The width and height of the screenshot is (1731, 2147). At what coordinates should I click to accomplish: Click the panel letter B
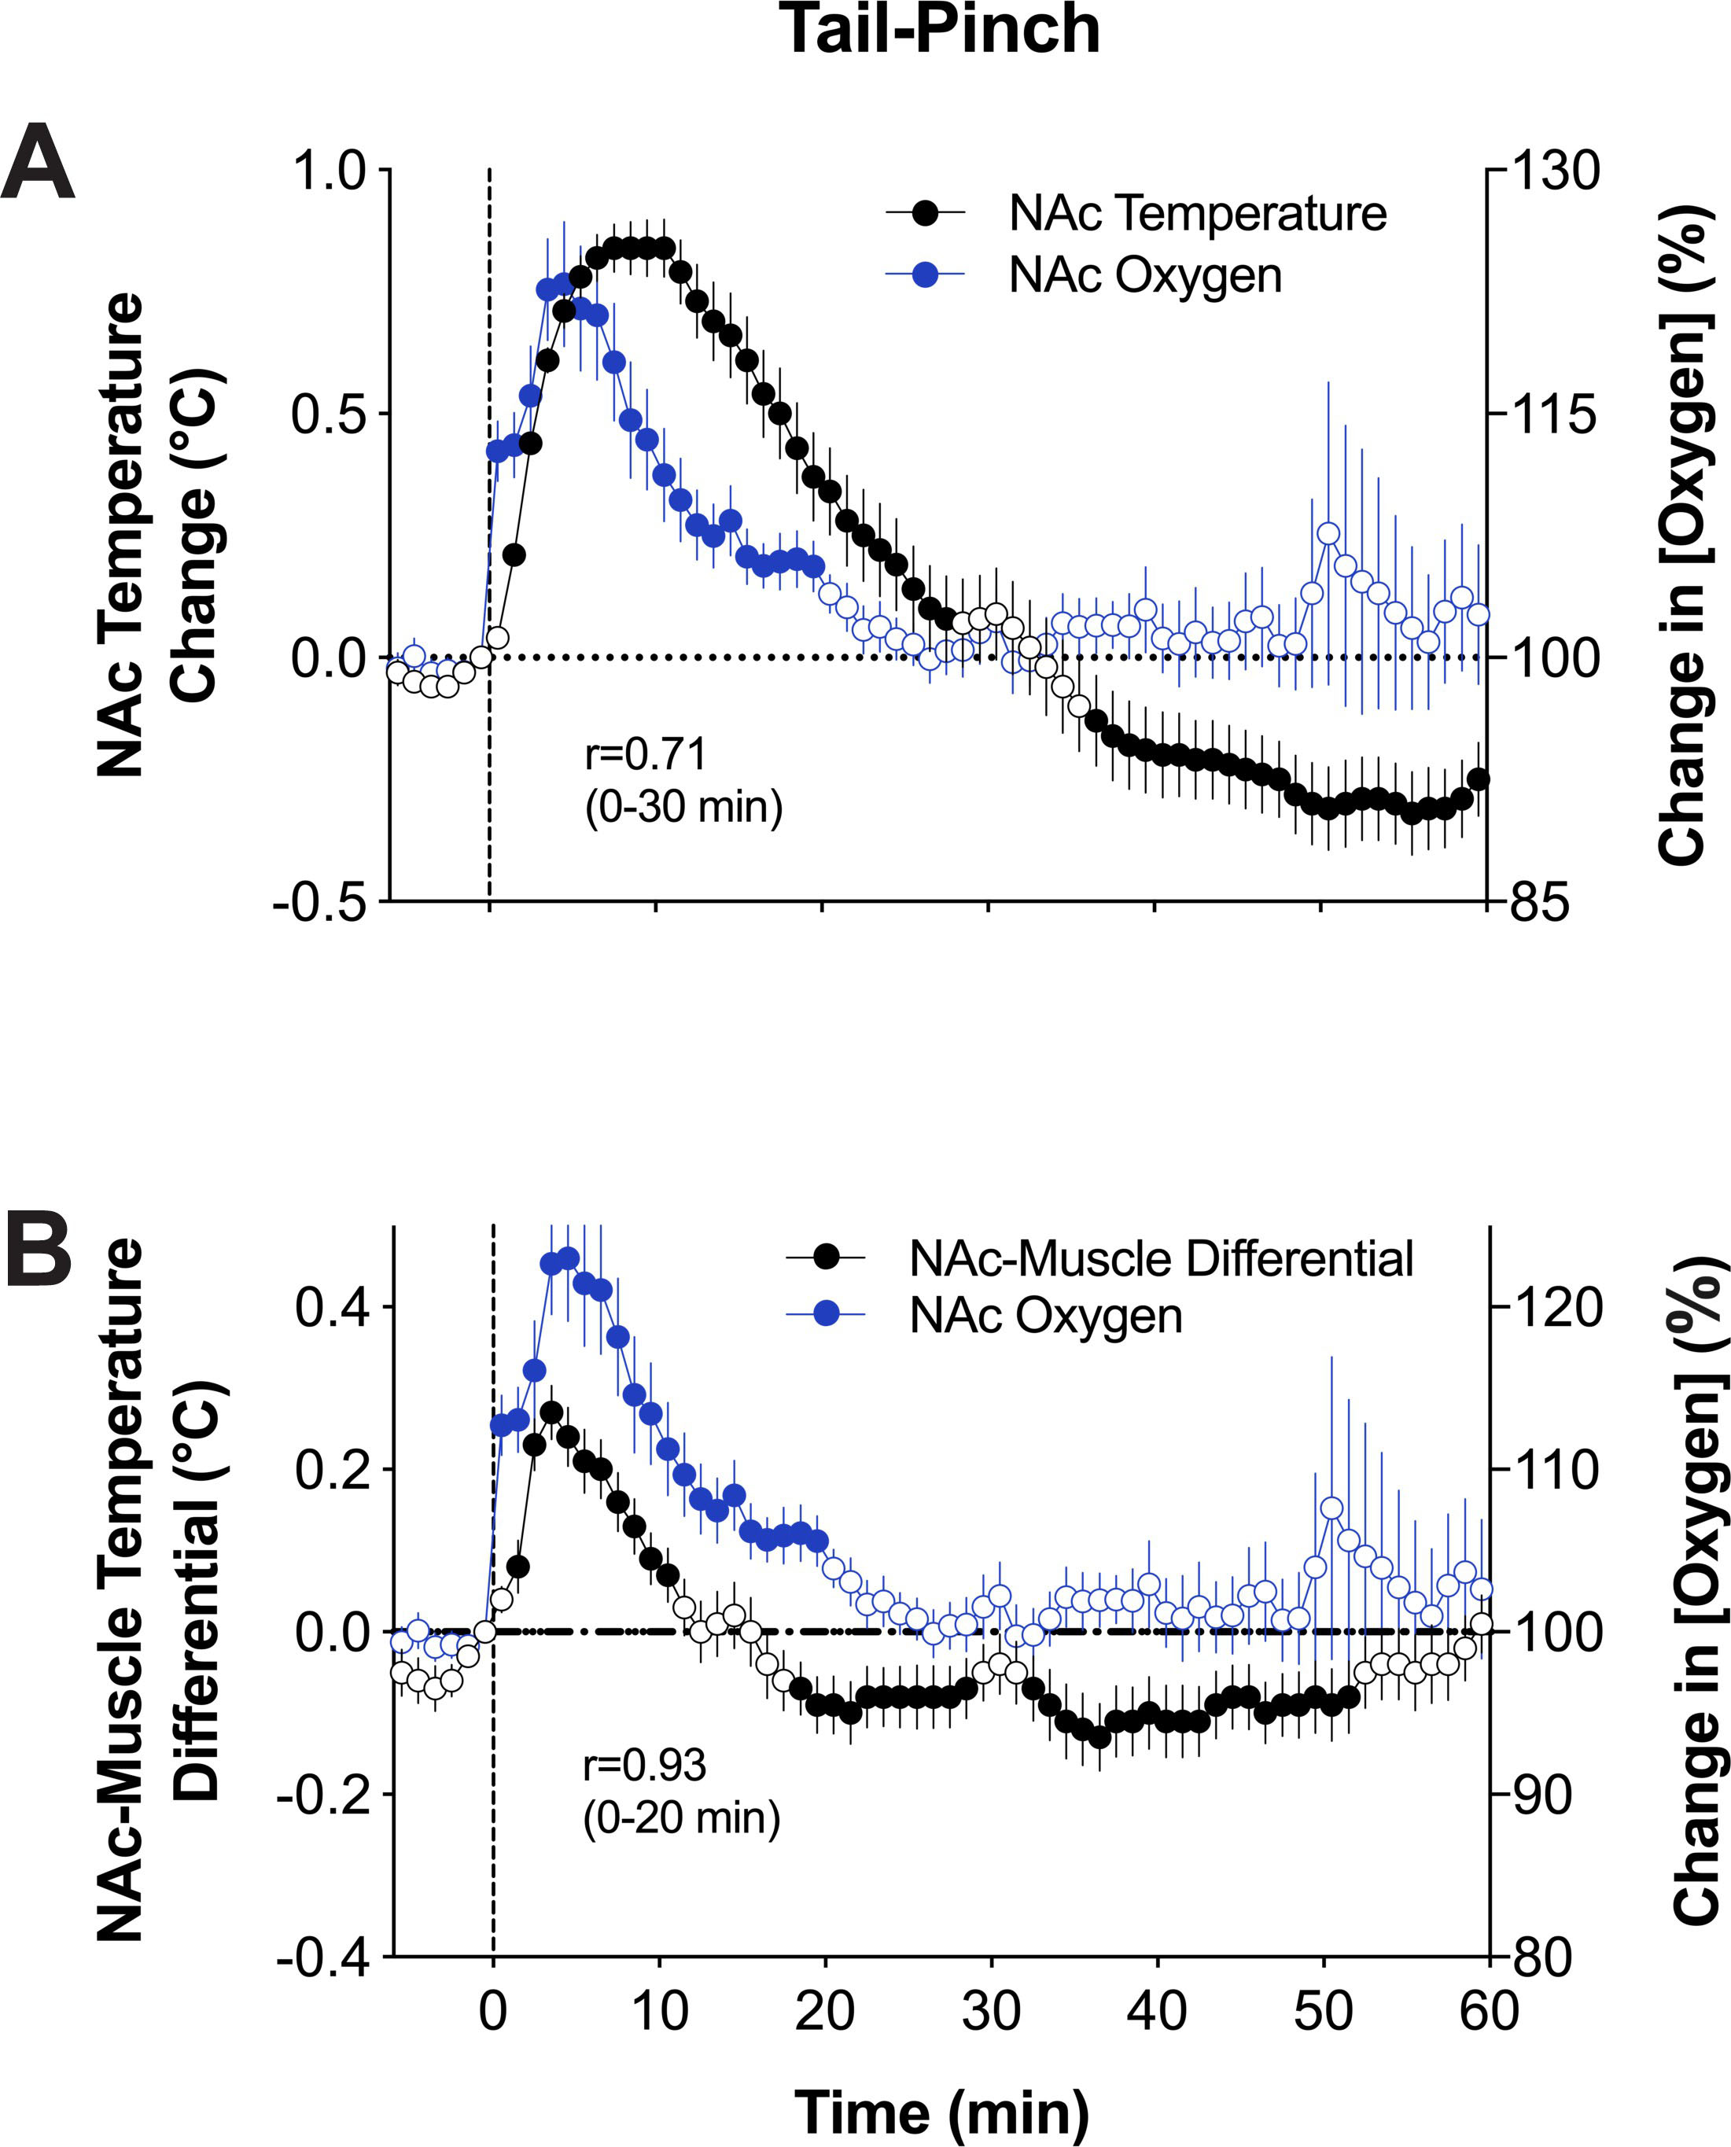39,1250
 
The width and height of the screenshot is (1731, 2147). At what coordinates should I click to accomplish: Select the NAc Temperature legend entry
1136,213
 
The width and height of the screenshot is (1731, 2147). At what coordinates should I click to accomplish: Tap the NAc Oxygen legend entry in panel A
1084,275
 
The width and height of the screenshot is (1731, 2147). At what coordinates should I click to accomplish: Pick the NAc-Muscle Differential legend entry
1099,1258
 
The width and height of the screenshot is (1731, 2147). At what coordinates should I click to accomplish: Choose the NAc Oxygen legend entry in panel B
984,1317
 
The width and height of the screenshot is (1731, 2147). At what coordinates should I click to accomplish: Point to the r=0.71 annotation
645,754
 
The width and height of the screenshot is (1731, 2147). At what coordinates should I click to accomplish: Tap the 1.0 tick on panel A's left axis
330,171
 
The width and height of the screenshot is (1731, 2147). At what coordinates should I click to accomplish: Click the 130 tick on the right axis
1556,171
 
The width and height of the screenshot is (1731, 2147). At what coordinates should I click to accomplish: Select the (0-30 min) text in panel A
684,807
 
